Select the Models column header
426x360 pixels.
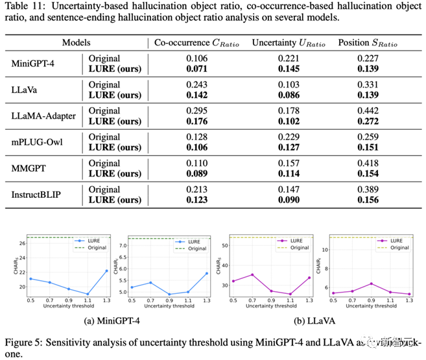click(76, 43)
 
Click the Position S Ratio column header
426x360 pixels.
click(366, 43)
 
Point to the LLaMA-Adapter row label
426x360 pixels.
click(43, 116)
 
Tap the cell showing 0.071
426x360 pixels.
click(197, 67)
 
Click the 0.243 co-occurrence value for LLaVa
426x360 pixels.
click(197, 84)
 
